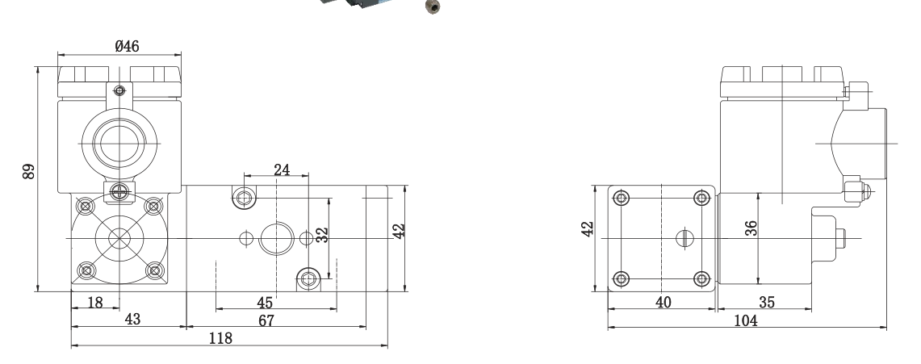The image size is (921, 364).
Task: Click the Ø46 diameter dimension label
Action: click(127, 46)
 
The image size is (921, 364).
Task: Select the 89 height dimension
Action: click(29, 171)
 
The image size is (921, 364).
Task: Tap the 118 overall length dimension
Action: click(221, 338)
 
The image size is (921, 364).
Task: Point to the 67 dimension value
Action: click(266, 321)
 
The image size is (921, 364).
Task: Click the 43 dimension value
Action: click(132, 320)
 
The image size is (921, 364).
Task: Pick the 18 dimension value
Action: click(94, 303)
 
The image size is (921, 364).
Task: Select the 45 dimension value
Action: click(265, 303)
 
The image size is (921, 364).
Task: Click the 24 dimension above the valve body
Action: click(282, 169)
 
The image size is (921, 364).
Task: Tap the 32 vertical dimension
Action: click(322, 235)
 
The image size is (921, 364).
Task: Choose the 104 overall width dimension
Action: click(746, 320)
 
